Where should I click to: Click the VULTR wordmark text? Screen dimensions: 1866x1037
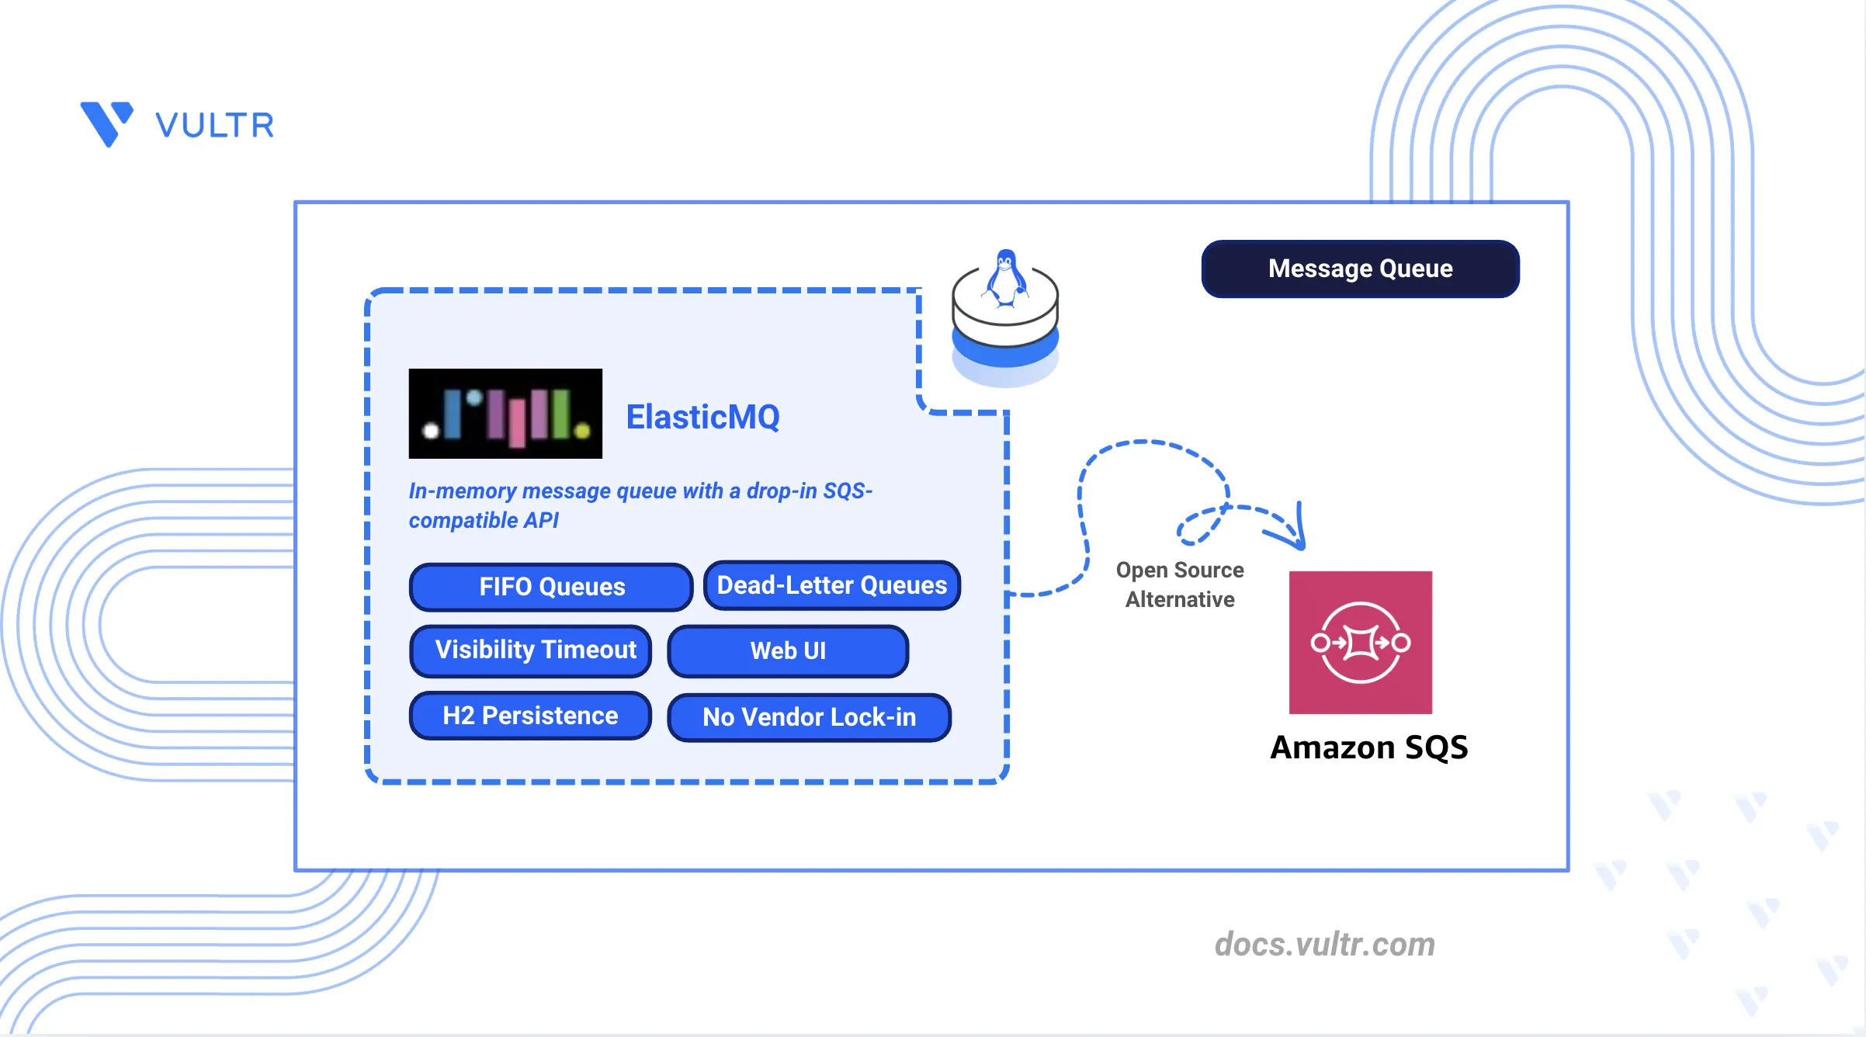coord(215,125)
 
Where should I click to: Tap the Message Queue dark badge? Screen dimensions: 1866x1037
coord(1360,269)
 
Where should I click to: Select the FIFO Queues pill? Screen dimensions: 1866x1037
coord(551,587)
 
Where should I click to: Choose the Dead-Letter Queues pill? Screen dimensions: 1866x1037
coord(832,585)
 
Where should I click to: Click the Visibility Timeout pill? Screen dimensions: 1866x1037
coord(531,650)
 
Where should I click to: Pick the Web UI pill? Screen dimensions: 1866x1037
coord(788,651)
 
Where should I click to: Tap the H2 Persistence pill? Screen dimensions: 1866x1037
coord(530,716)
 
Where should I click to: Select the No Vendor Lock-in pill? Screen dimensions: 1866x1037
coord(809,717)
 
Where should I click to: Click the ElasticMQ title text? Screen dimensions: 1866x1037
coord(702,417)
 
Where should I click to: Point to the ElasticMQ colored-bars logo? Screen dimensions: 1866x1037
coord(505,414)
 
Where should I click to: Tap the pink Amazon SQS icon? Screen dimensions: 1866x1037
coord(1361,643)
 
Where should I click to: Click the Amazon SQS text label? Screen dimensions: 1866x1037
coord(1369,747)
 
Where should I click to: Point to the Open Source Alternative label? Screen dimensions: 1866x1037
coord(1180,584)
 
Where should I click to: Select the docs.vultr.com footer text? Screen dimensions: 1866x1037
coord(1325,945)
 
